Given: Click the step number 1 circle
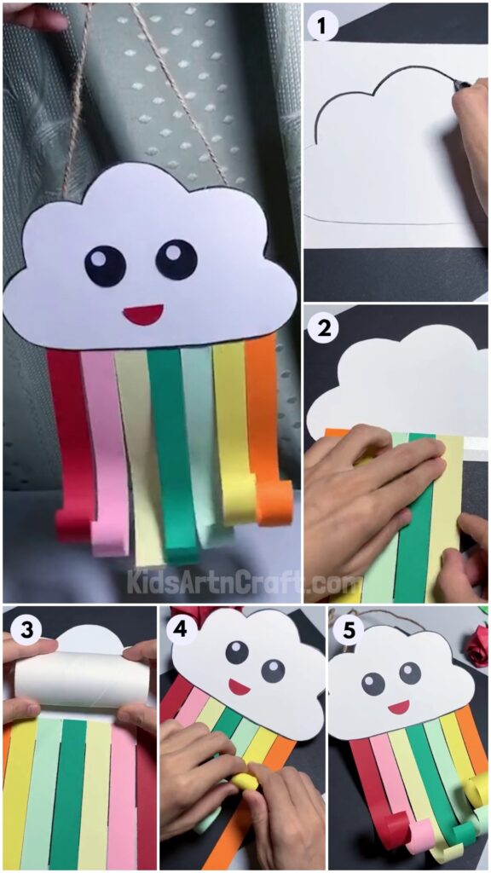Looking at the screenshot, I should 321,27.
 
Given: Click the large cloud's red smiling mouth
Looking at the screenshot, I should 143,315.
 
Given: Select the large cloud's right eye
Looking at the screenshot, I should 176,259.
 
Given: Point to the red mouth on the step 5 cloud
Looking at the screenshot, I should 398,707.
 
